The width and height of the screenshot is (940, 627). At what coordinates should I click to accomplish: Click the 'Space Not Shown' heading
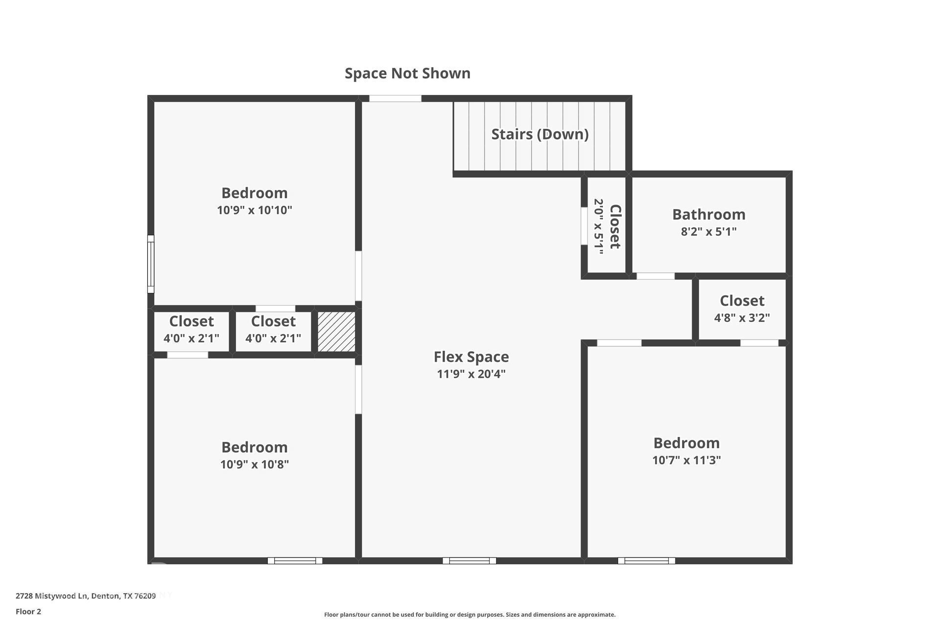[407, 73]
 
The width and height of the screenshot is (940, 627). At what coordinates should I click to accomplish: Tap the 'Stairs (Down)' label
[540, 134]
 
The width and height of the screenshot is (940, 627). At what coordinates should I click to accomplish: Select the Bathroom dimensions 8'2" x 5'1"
[708, 232]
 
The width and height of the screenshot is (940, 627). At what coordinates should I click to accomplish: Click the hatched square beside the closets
[336, 332]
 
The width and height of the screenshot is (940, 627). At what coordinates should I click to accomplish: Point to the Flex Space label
[471, 357]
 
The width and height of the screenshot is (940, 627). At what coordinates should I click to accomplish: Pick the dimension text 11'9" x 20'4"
[471, 374]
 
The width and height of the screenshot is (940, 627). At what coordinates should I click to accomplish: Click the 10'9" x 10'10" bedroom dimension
[254, 210]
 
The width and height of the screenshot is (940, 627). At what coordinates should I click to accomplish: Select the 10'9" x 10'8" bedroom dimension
[254, 464]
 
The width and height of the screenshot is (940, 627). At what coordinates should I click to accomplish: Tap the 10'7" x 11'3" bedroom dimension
[686, 460]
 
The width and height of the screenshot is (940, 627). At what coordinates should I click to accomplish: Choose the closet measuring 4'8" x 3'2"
[742, 309]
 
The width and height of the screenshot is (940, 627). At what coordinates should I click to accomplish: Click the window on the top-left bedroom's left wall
[151, 264]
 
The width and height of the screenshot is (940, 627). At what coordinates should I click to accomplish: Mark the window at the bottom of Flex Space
[469, 561]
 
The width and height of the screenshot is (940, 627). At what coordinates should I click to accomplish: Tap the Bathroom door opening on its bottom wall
[655, 276]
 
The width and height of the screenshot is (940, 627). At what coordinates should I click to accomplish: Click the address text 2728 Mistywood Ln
[86, 596]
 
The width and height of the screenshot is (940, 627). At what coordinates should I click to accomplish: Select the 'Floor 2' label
[28, 612]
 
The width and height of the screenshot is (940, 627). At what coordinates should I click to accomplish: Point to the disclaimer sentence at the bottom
[470, 615]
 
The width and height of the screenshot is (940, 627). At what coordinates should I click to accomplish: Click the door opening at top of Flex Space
[395, 98]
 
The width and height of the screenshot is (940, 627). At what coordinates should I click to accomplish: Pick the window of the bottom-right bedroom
[646, 561]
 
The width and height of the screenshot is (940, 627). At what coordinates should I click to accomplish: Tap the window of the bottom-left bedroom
[295, 561]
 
